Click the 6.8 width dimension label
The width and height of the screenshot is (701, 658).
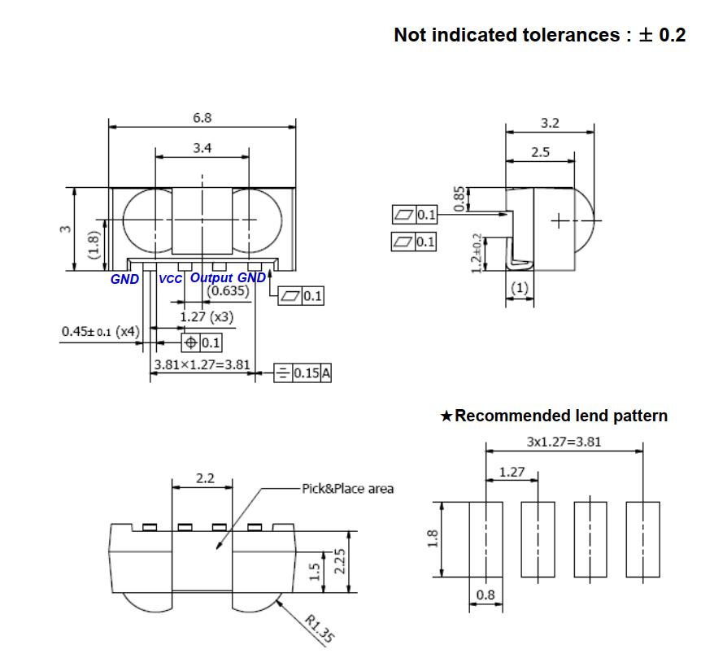[x=202, y=118]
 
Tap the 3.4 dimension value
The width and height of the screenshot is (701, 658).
[x=202, y=148]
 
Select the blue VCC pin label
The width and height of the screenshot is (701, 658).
[x=170, y=279]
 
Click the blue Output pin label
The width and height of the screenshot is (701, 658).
[x=211, y=278]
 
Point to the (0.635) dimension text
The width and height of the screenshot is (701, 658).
[x=228, y=291]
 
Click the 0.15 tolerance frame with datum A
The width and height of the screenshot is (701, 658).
[x=303, y=373]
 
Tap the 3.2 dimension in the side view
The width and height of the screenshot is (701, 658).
[x=550, y=123]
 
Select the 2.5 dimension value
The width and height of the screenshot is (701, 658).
[x=540, y=152]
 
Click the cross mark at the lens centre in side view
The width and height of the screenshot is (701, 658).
[x=559, y=220]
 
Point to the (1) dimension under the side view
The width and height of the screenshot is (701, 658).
[x=520, y=287]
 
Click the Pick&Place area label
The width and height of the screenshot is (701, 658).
[x=348, y=489]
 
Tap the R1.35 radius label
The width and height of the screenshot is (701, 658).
[x=320, y=629]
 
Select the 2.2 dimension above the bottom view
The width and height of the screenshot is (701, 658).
[x=205, y=478]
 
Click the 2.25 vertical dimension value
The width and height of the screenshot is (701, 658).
[x=340, y=561]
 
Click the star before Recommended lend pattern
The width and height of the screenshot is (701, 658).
[x=446, y=416]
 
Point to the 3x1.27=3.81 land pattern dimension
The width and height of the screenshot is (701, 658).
[x=564, y=442]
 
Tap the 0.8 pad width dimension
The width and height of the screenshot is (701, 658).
[x=485, y=595]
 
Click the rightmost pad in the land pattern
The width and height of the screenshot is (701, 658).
[x=643, y=539]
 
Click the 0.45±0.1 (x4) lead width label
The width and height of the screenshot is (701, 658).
[x=101, y=332]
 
